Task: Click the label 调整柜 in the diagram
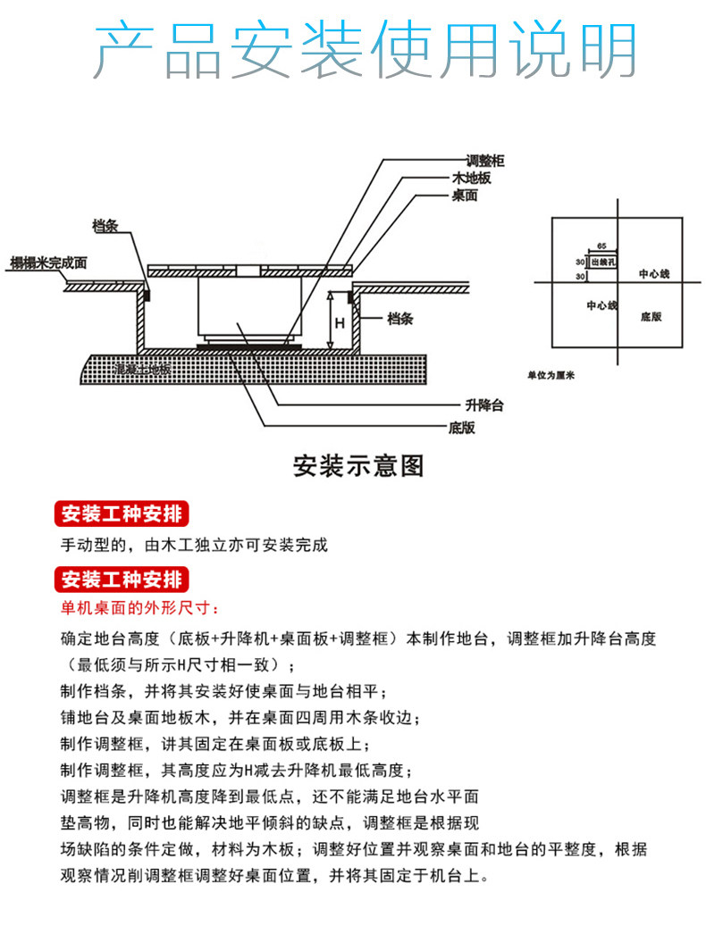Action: (486, 162)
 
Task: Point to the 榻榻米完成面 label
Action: (48, 263)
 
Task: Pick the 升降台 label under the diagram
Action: (485, 405)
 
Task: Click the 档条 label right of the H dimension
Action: (402, 318)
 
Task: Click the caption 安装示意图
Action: (358, 466)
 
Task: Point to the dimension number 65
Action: (601, 244)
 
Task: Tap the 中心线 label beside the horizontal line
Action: (653, 273)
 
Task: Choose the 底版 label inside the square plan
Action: (651, 317)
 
